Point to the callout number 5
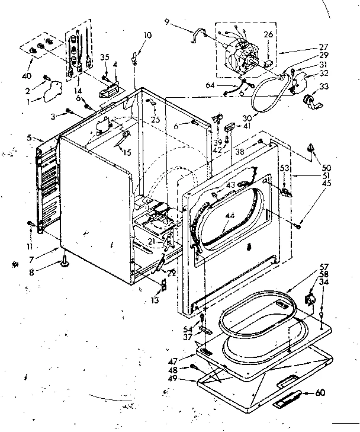30,138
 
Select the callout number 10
148,36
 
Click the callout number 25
156,120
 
